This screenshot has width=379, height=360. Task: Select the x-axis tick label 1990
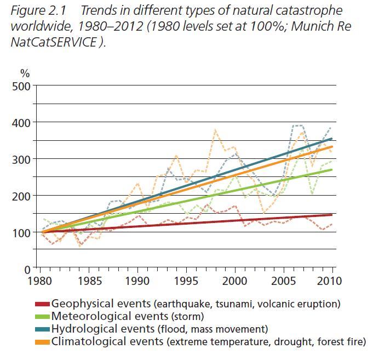pos(137,281)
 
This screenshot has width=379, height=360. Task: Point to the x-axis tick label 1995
pos(186,281)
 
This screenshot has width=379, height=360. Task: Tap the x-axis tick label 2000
pos(235,281)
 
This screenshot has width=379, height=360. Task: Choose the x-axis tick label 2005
pos(284,281)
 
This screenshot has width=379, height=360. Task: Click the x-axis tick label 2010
pos(329,281)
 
